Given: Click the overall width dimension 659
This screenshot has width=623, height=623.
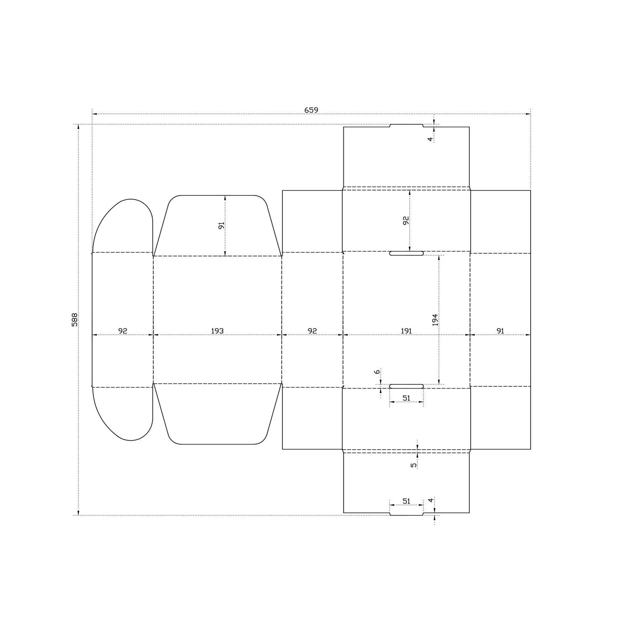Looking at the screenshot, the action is [x=311, y=110].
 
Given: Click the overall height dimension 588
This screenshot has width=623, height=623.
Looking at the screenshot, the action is [x=74, y=320].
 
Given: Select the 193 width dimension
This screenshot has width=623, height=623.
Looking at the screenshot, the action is [x=217, y=331].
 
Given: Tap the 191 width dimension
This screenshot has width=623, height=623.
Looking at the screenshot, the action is [x=406, y=331].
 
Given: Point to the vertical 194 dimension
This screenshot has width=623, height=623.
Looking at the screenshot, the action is [x=435, y=320].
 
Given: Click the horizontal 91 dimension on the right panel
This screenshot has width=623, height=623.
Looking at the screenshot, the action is [x=500, y=331].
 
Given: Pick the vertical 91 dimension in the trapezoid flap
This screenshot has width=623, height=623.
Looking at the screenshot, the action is [x=221, y=226].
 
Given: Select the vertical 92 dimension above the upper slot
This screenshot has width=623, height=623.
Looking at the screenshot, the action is [x=406, y=221].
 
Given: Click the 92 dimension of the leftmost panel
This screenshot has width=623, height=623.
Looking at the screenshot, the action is [x=122, y=331].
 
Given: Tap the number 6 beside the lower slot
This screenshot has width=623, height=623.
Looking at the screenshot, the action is [x=377, y=372].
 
